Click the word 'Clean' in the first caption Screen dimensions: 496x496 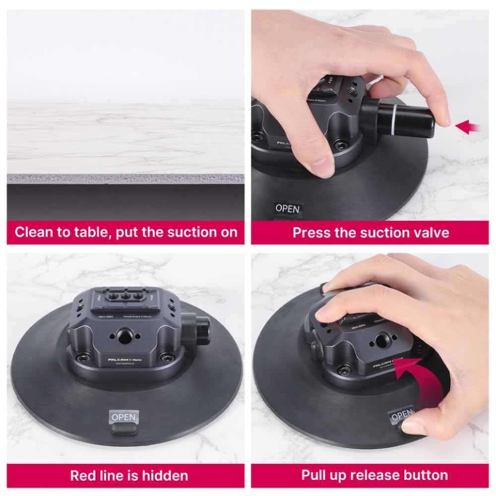point(34,232)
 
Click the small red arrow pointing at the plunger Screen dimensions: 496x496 point(468,127)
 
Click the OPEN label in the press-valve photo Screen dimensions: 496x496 point(287,209)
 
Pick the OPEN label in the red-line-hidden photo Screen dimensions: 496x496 point(124,417)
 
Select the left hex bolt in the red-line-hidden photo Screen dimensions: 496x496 point(82,357)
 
